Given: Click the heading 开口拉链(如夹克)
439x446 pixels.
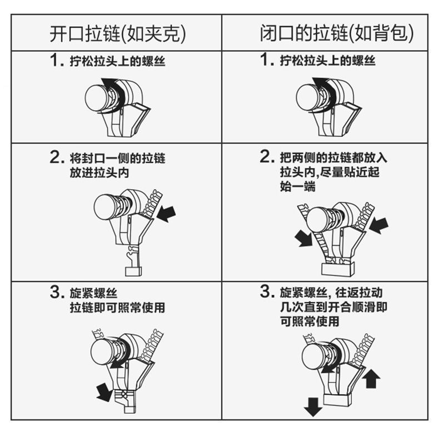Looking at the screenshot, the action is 118,33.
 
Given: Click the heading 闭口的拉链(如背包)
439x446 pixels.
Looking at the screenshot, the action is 336,33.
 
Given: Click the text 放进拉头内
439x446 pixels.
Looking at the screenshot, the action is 99,172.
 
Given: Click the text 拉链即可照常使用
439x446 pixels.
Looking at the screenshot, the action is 117,308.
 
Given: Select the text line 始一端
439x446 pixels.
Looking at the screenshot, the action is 297,187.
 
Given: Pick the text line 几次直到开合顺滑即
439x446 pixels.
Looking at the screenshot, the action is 333,307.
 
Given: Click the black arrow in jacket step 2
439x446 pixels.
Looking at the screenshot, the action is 167,214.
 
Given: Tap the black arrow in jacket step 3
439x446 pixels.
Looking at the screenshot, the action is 104,392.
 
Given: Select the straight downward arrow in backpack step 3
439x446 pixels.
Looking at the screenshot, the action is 313,407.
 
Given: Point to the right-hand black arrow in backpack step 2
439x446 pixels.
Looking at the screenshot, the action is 380,226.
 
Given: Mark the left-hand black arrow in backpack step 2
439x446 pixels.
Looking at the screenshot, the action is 304,239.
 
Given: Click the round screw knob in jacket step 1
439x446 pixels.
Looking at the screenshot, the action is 97,97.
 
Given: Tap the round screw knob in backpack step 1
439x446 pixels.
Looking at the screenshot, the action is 308,97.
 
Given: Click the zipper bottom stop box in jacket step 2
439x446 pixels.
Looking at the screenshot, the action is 133,271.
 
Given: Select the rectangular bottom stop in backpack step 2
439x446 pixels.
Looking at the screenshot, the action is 338,269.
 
